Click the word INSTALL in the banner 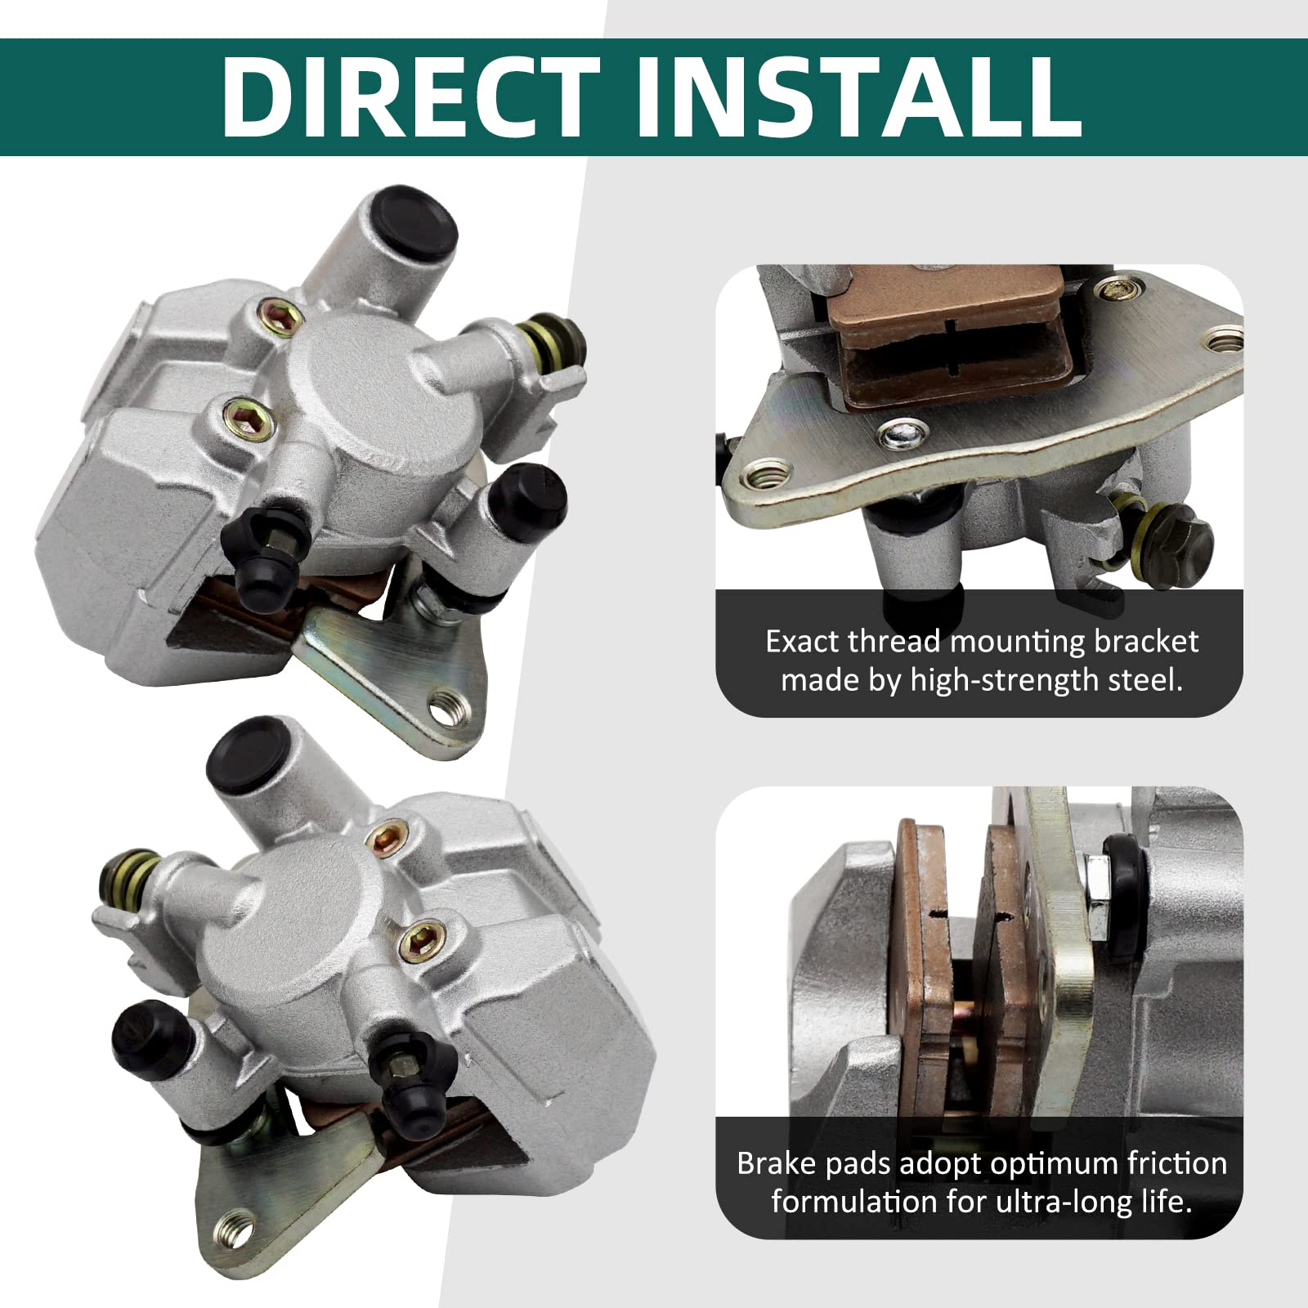click(x=858, y=97)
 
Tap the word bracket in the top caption click(x=1146, y=642)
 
